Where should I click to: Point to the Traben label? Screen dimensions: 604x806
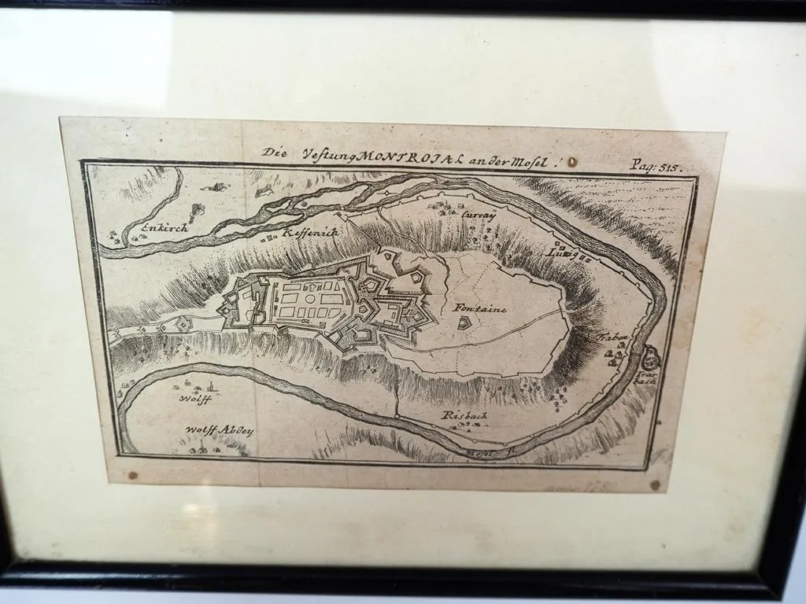pos(614,337)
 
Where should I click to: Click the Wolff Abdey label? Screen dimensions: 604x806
pos(218,431)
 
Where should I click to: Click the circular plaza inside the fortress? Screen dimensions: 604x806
pos(309,300)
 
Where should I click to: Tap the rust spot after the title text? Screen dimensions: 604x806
pos(572,162)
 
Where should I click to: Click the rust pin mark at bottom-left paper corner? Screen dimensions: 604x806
pos(131,476)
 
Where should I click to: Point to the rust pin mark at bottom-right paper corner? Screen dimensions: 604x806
pos(655,485)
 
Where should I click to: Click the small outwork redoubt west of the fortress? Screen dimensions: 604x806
pos(183,323)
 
